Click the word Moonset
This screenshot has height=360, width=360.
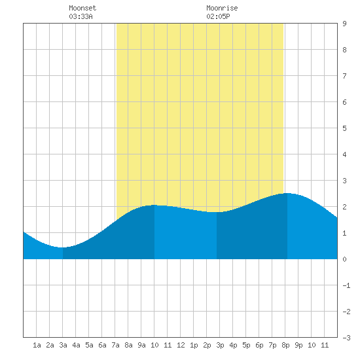pyautogui.click(x=82, y=8)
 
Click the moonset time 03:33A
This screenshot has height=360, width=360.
pyautogui.click(x=81, y=16)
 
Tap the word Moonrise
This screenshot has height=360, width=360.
pyautogui.click(x=222, y=8)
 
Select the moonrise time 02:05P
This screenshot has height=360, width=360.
pyautogui.click(x=218, y=16)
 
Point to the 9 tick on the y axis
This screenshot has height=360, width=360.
pyautogui.click(x=344, y=24)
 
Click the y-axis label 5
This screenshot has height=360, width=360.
pyautogui.click(x=344, y=128)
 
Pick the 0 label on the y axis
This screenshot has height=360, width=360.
pyautogui.click(x=344, y=259)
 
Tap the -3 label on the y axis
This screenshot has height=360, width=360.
pyautogui.click(x=346, y=338)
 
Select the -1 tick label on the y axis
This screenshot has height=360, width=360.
pyautogui.click(x=346, y=285)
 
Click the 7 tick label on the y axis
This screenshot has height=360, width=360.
pyautogui.click(x=344, y=76)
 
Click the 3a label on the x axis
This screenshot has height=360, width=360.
pyautogui.click(x=63, y=345)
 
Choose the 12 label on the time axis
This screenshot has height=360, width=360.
pyautogui.click(x=181, y=345)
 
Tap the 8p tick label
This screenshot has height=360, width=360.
pyautogui.click(x=285, y=345)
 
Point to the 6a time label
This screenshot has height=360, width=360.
pyautogui.click(x=102, y=345)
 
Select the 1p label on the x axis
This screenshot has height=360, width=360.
pyautogui.click(x=194, y=345)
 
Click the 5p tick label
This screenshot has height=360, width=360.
pyautogui.click(x=246, y=345)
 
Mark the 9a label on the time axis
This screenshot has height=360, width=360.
pyautogui.click(x=141, y=345)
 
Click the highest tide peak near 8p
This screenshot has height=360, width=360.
pyautogui.click(x=287, y=193)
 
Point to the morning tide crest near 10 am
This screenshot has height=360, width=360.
pyautogui.click(x=154, y=205)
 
